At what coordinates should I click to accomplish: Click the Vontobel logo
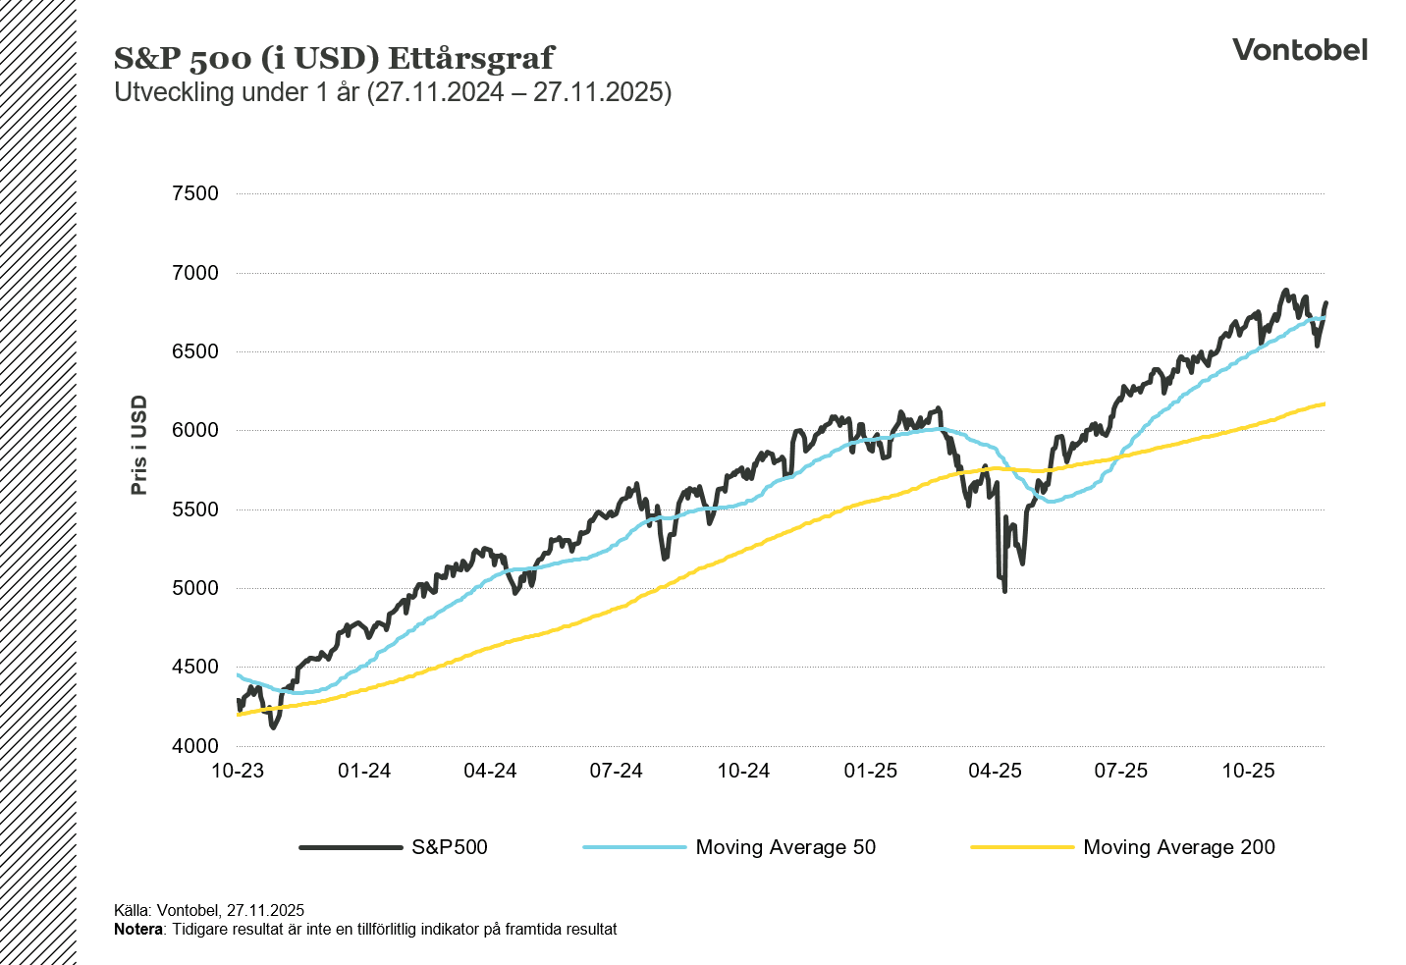click(x=1299, y=50)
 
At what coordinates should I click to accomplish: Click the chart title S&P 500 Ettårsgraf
click(x=334, y=58)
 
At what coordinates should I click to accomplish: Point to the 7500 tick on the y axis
click(x=195, y=193)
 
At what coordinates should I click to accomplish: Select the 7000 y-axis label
click(x=195, y=273)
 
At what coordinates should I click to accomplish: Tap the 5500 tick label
click(x=195, y=509)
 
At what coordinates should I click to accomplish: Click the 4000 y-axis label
click(x=195, y=746)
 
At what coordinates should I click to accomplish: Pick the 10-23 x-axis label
click(x=238, y=771)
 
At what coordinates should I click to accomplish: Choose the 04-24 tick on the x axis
click(x=490, y=771)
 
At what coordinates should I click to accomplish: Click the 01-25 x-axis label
click(x=870, y=771)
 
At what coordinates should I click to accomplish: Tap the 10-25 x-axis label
click(x=1248, y=771)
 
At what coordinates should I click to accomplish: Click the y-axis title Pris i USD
click(x=139, y=445)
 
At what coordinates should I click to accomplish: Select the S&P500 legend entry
click(x=449, y=847)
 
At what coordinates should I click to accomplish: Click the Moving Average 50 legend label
click(x=784, y=847)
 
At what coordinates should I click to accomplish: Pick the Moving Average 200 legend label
click(x=1178, y=847)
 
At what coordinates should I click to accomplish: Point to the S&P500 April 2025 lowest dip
click(x=1004, y=590)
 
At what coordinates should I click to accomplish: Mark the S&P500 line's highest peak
click(x=1284, y=291)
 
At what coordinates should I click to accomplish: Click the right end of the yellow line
click(x=1324, y=403)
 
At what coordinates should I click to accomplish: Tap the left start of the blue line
click(x=239, y=674)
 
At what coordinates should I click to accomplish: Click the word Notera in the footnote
click(x=138, y=929)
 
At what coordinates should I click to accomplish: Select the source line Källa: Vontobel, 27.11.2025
click(x=209, y=911)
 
